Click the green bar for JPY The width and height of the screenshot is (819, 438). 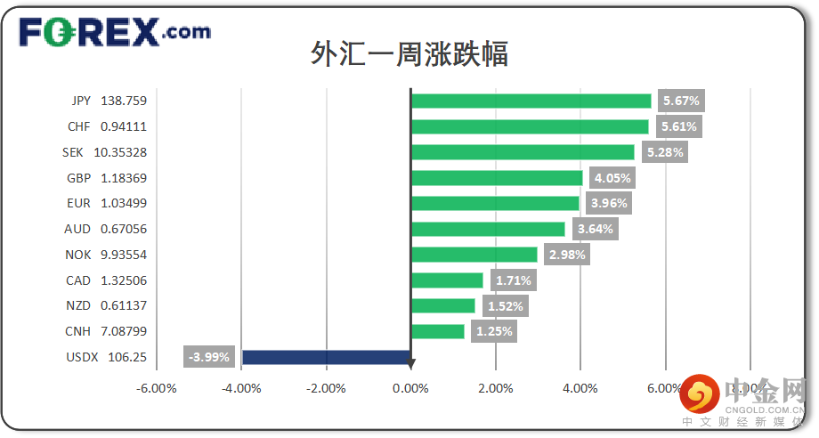coord(531,101)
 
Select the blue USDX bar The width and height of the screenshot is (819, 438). coord(326,357)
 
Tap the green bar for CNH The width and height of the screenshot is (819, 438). coord(437,331)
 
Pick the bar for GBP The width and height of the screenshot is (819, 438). coord(497,178)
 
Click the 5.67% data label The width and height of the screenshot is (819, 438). coord(681,101)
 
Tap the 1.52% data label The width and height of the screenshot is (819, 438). coord(505,306)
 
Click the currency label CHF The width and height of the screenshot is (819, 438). coord(78,126)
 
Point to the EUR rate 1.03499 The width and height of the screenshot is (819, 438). coord(124,203)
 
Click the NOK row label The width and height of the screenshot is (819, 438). coord(78,255)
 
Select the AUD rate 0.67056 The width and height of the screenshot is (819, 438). coord(124,229)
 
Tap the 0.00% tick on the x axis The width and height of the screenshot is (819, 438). coord(410,388)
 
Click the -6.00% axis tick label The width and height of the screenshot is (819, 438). coord(157,388)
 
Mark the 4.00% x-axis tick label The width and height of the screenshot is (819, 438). coord(580,388)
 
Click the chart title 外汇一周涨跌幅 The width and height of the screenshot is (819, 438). coord(409,53)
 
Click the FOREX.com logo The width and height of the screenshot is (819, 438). coord(115,33)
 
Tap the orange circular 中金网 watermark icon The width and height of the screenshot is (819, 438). coord(701,392)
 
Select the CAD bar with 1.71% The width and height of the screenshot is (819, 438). coord(447,280)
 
